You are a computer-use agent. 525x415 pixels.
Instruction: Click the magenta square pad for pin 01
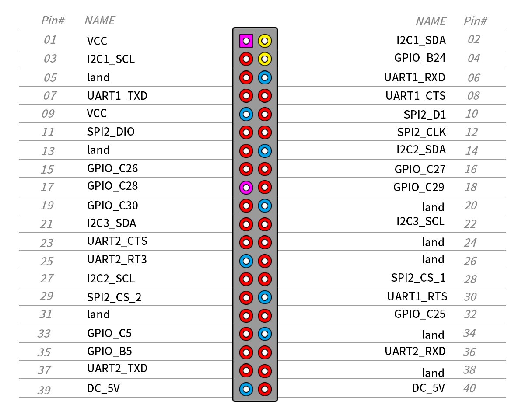246,41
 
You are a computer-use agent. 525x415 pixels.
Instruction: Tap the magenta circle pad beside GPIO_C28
246,188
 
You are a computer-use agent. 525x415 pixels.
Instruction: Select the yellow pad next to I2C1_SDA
265,41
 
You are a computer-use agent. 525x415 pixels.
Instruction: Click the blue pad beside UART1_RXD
265,78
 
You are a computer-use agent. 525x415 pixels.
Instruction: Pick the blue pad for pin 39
246,389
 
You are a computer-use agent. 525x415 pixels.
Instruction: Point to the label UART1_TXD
117,96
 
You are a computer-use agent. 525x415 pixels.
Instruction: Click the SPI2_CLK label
421,132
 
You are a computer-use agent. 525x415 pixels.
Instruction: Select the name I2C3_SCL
420,222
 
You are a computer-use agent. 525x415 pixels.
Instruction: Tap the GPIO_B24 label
420,58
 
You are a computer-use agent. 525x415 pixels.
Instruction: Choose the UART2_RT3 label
117,259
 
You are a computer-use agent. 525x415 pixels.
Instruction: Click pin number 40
469,388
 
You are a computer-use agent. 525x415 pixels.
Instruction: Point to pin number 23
47,243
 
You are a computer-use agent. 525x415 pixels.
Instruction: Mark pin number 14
472,151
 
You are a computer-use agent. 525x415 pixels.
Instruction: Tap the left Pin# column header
53,21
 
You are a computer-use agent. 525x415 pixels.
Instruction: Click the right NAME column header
431,21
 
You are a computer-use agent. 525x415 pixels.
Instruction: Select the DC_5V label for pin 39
103,388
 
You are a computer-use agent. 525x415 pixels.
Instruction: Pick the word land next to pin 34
433,335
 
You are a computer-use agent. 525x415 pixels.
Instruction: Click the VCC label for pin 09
97,113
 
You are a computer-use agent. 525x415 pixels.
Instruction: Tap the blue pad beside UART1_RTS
265,297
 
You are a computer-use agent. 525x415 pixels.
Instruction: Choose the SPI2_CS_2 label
114,297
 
